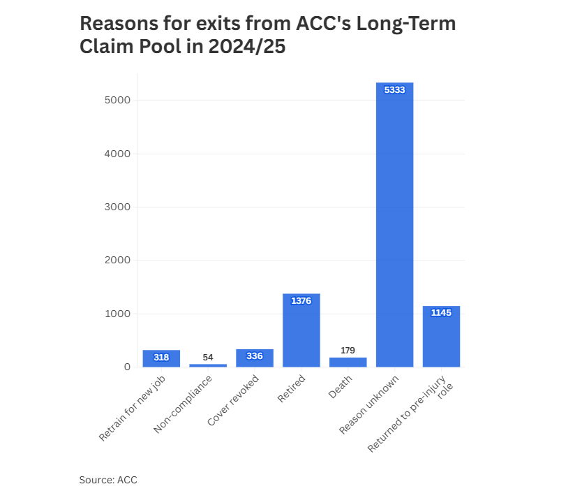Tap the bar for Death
348,362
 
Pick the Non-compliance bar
208,365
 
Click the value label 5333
394,89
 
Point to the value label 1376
301,300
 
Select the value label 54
208,357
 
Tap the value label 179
348,350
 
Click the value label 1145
441,312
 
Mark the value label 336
255,356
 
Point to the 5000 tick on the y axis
117,100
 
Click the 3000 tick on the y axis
117,207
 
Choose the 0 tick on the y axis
127,367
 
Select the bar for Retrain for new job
161,358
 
